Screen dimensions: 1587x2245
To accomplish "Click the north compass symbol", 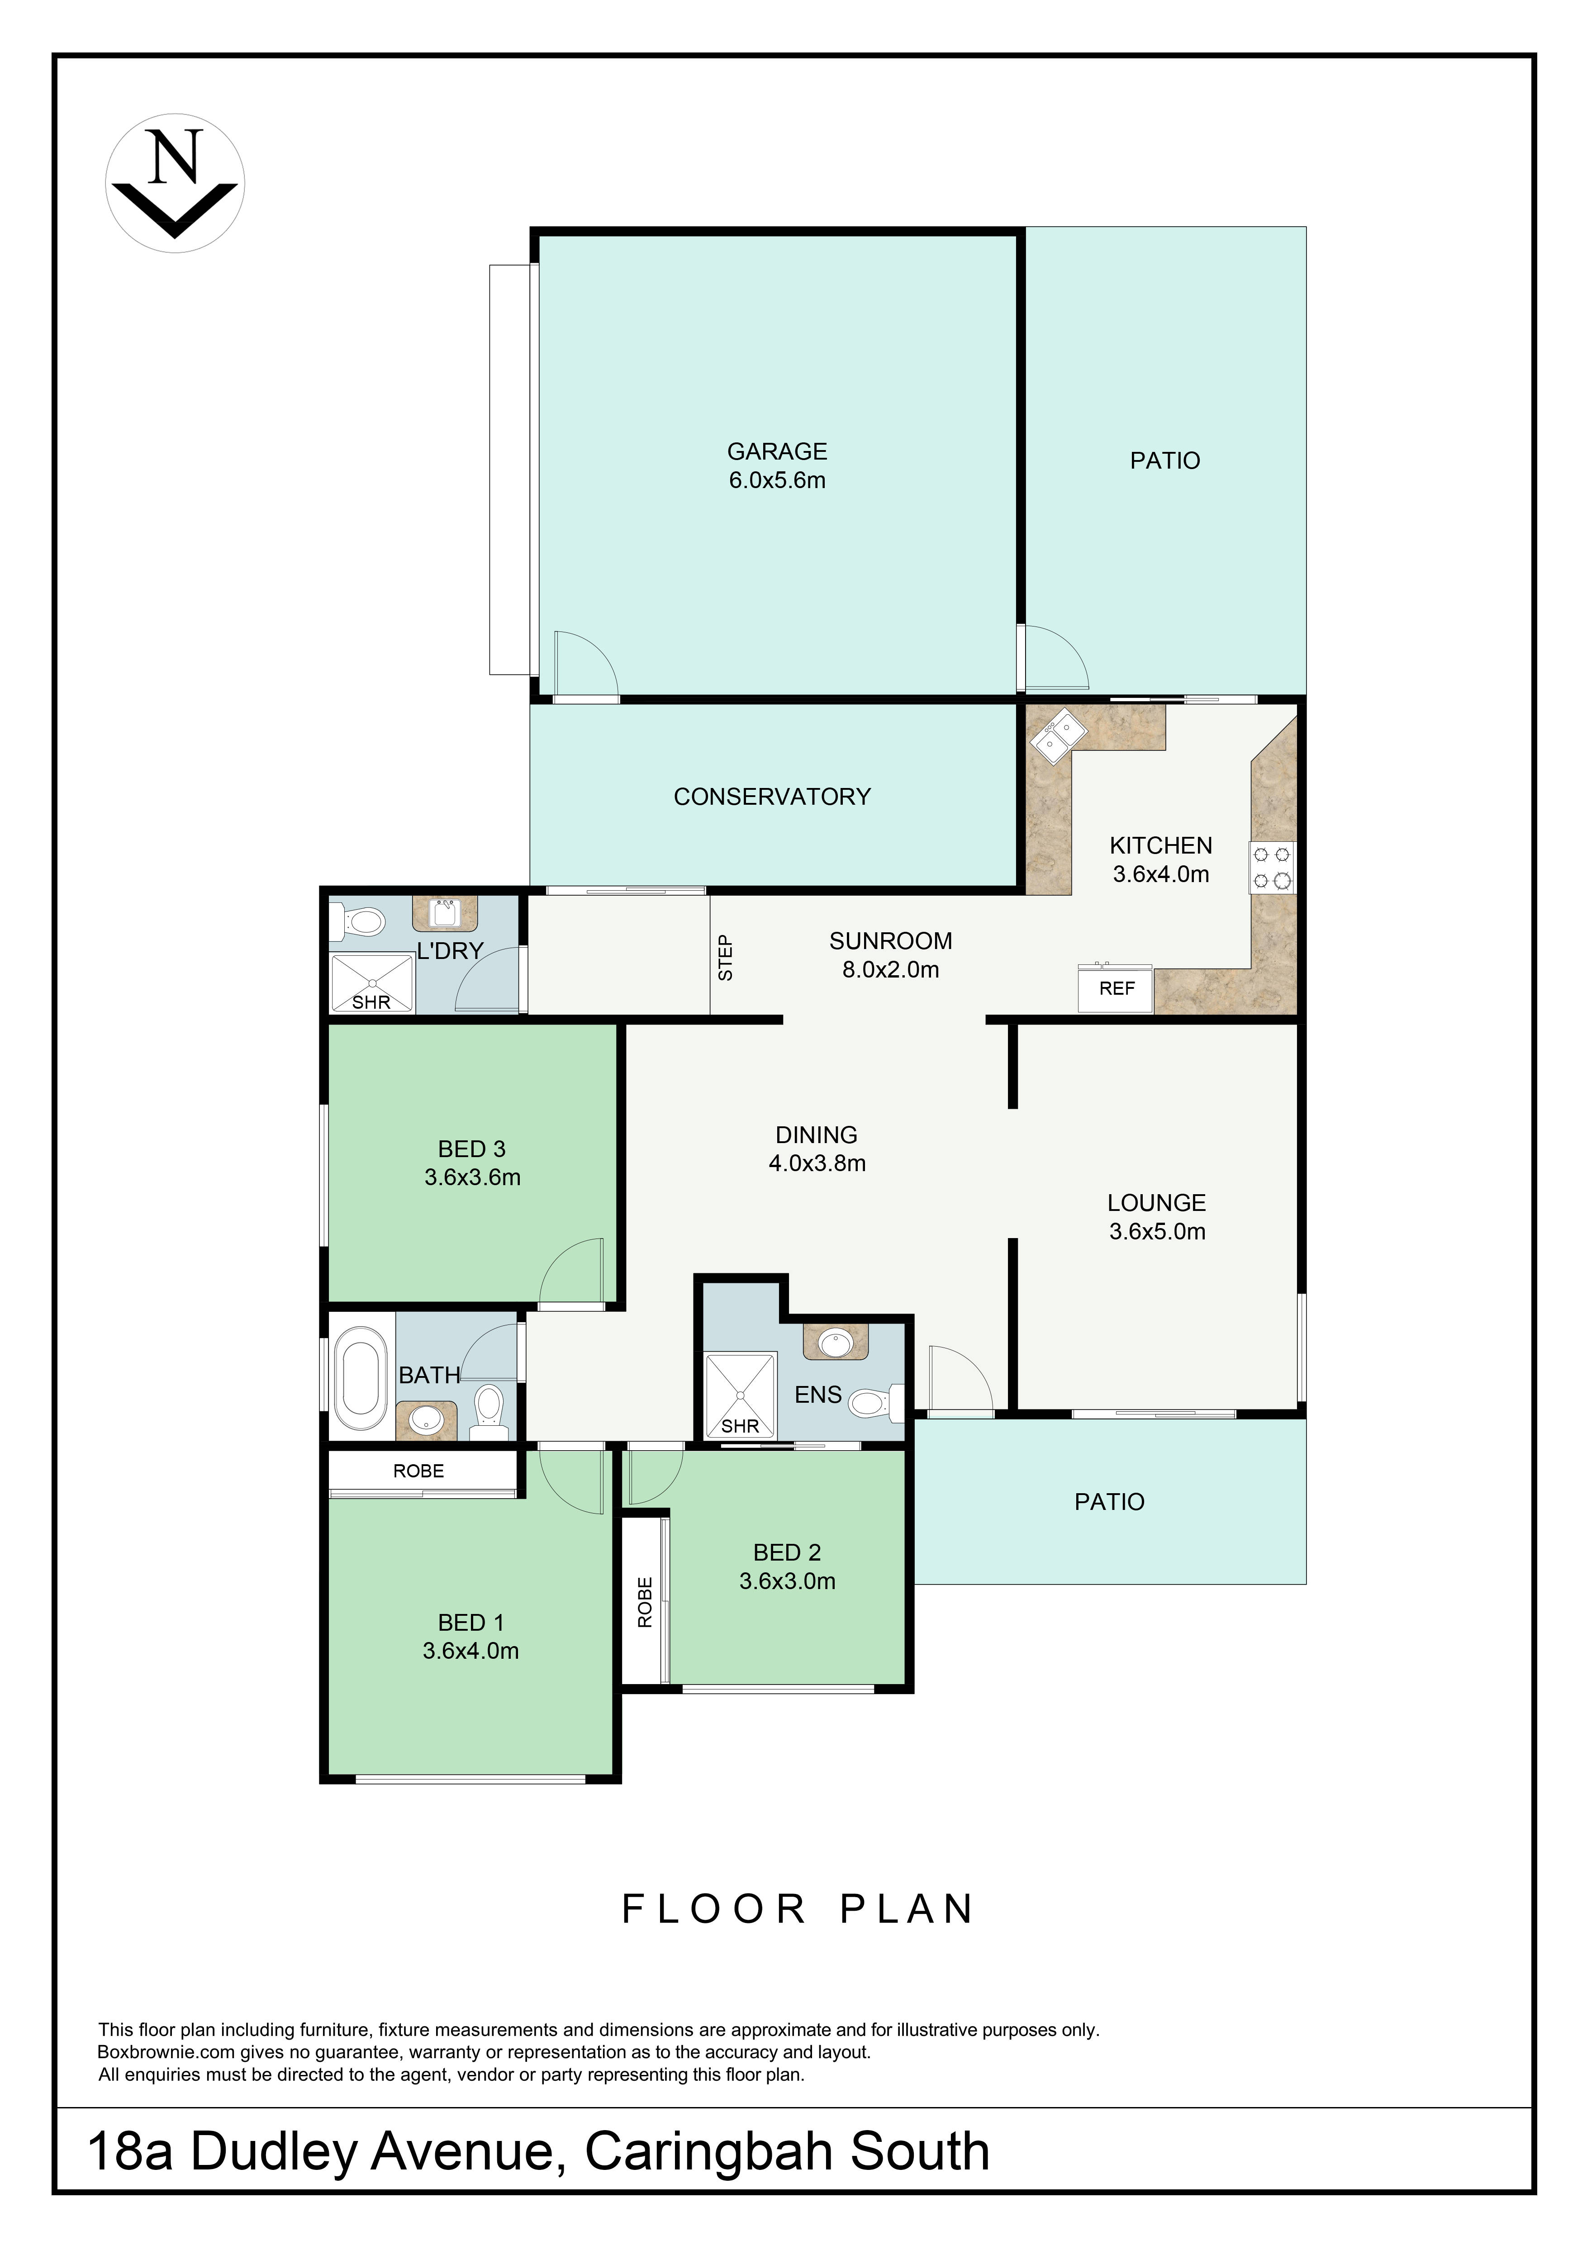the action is coord(175,183).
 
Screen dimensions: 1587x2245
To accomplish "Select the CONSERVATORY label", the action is coord(773,797).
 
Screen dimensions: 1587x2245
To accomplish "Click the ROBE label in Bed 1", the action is coord(418,1471).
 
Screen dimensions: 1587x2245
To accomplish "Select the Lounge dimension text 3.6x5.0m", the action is coord(1157,1231).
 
